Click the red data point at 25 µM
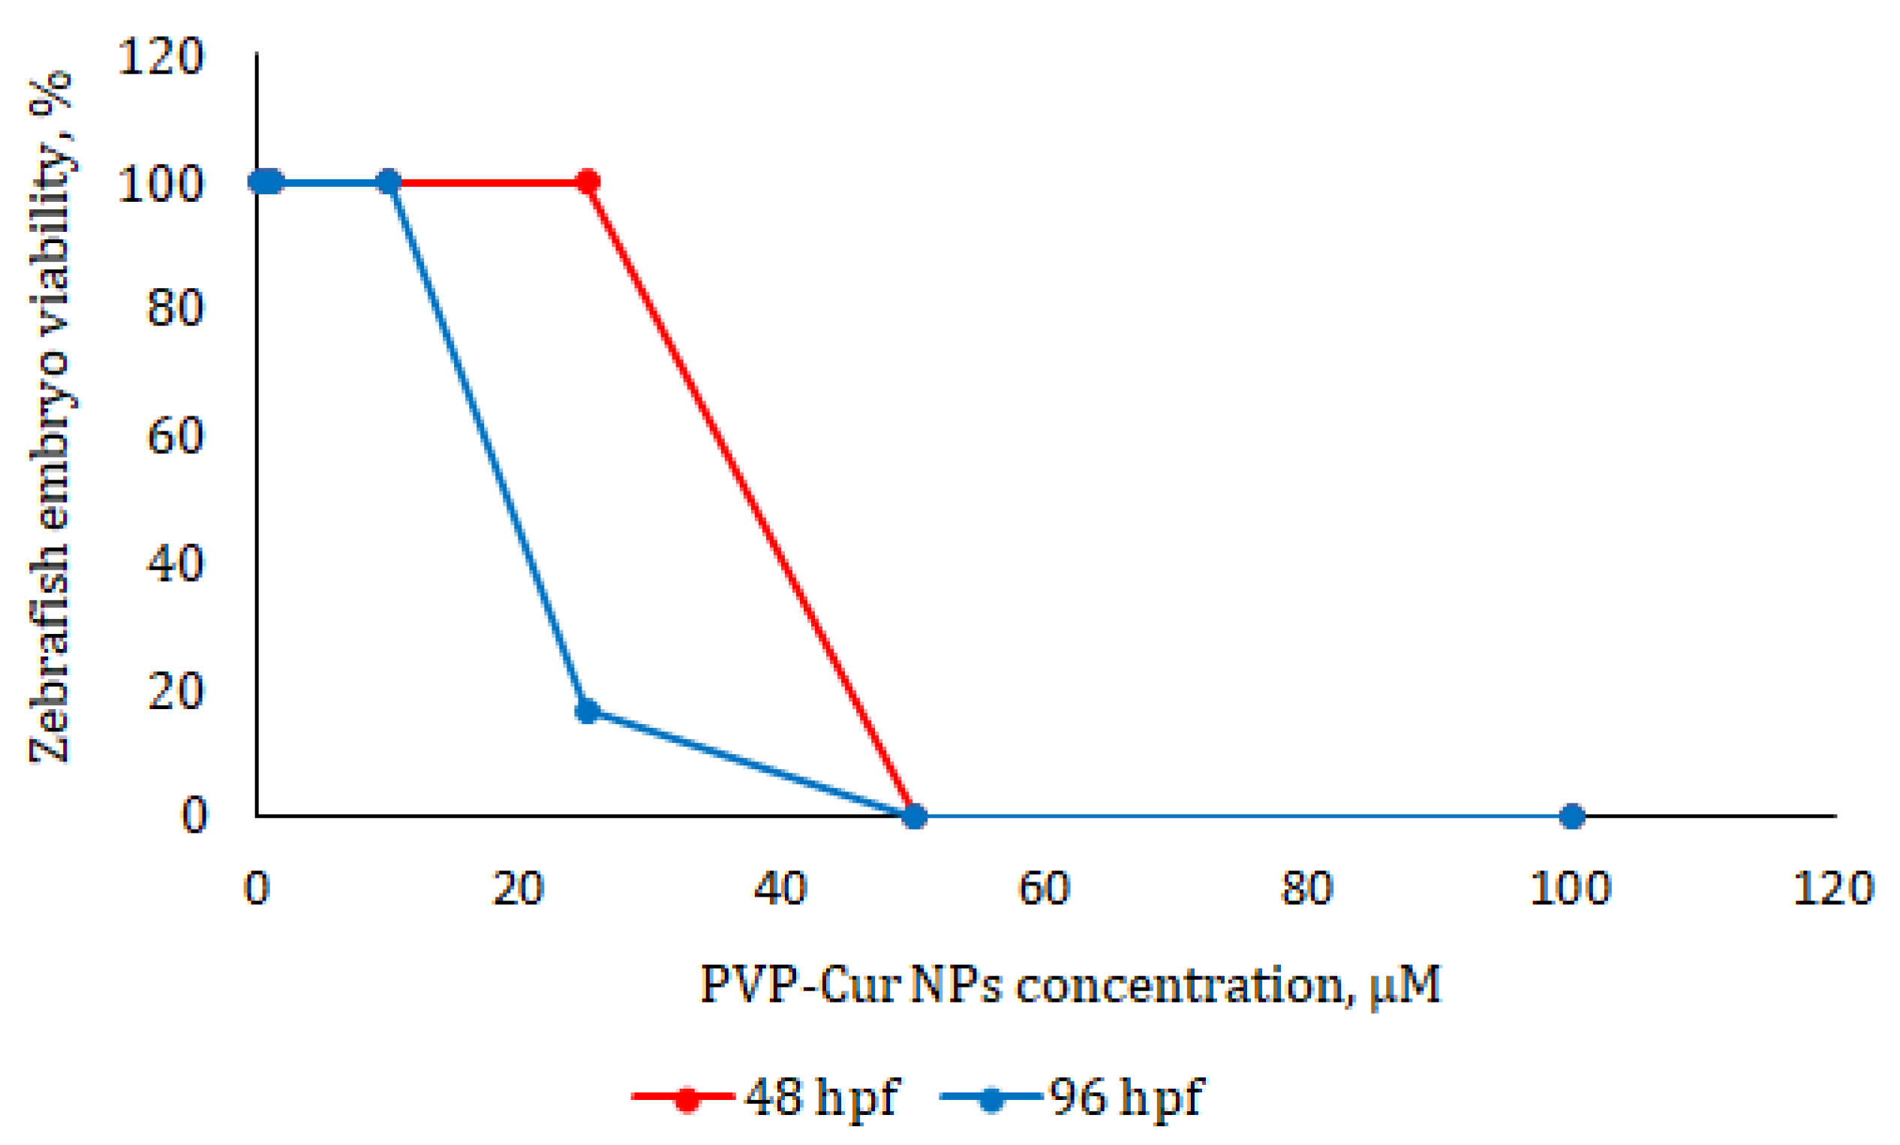coord(588,183)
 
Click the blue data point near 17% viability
coord(588,710)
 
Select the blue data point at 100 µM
coord(1572,816)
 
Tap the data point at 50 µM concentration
coord(915,816)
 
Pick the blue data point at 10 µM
coord(389,183)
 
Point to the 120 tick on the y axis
coord(161,56)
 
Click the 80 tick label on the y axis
coord(175,308)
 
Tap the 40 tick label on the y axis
coord(175,563)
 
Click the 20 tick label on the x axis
coord(519,888)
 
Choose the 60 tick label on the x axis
coord(1044,888)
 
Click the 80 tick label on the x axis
coord(1307,888)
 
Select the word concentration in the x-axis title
coord(1180,986)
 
